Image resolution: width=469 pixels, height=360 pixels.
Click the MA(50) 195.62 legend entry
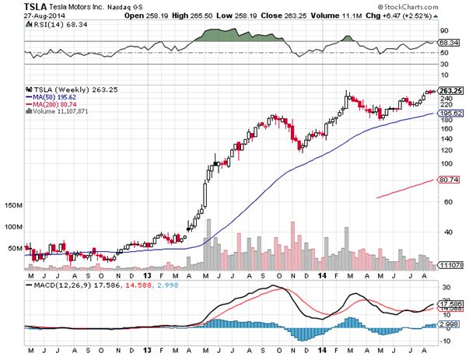tap(52, 97)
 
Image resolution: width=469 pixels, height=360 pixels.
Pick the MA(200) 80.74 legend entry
tap(52, 105)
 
